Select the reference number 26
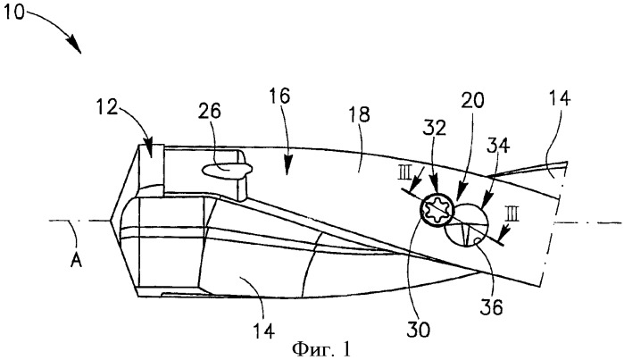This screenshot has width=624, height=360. [x=210, y=111]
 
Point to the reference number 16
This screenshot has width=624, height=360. [x=279, y=96]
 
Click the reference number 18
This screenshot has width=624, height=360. [x=359, y=113]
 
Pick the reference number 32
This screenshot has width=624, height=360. [x=435, y=128]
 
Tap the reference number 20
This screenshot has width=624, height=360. [x=472, y=100]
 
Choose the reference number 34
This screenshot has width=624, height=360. [x=498, y=146]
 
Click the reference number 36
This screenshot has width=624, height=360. [x=491, y=307]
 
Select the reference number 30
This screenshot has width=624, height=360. [x=419, y=330]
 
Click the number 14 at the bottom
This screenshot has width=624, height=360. [x=264, y=331]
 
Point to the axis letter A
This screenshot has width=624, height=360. [x=77, y=261]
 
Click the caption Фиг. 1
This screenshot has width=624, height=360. [x=322, y=349]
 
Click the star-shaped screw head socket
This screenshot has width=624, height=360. [x=437, y=210]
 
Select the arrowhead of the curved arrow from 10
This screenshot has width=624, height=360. [x=76, y=46]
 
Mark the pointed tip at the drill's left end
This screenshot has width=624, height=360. [x=110, y=221]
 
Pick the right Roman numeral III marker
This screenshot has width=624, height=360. [x=512, y=215]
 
